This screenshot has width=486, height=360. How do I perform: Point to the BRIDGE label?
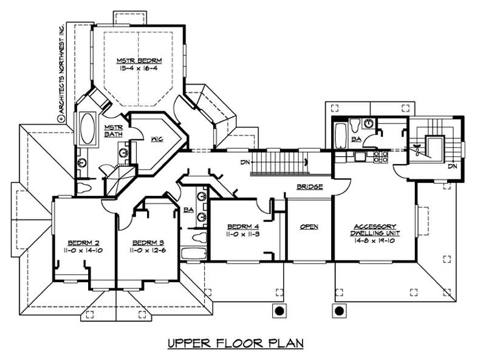tap(309, 187)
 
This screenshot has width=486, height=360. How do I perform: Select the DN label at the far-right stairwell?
tap(452, 166)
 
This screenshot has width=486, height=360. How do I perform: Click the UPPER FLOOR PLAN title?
tap(235, 344)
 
